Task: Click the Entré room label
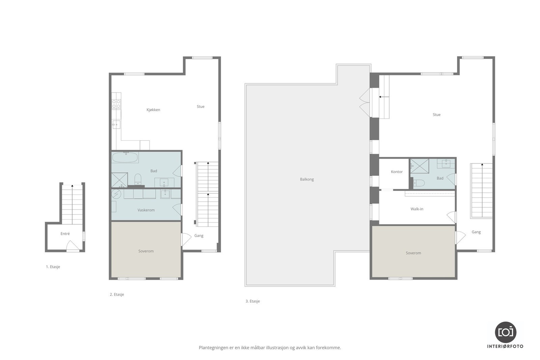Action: pos(65,234)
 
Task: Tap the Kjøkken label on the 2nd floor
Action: pos(153,110)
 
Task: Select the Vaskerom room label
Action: pos(146,210)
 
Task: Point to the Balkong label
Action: pos(307,179)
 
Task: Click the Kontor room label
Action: pos(397,172)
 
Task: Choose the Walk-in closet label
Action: pos(417,209)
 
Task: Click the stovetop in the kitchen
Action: pos(116,104)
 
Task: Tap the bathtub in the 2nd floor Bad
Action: pos(125,158)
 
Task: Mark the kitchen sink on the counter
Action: pos(116,125)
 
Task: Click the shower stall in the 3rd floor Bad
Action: pos(420,166)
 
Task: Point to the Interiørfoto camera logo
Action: pos(506,332)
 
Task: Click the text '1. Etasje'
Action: pos(53,267)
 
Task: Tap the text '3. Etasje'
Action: pos(253,301)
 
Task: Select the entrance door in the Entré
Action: pos(73,246)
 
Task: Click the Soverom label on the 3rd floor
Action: pos(413,253)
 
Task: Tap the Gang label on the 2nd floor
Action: pos(199,236)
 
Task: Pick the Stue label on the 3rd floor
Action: pos(437,115)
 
